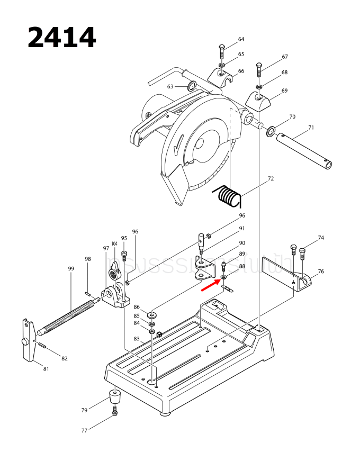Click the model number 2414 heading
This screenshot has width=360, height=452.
pos(61,38)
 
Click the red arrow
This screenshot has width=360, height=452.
pos(210,286)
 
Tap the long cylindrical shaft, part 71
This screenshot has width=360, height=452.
pos(305,151)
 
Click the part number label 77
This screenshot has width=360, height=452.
pos(84,431)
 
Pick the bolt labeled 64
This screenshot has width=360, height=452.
pos(221,53)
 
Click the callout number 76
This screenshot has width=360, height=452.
pos(321,272)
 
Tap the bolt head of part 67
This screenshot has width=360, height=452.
pos(258,66)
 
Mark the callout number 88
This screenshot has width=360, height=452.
pos(242,267)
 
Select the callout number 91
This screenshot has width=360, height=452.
pos(242,229)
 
